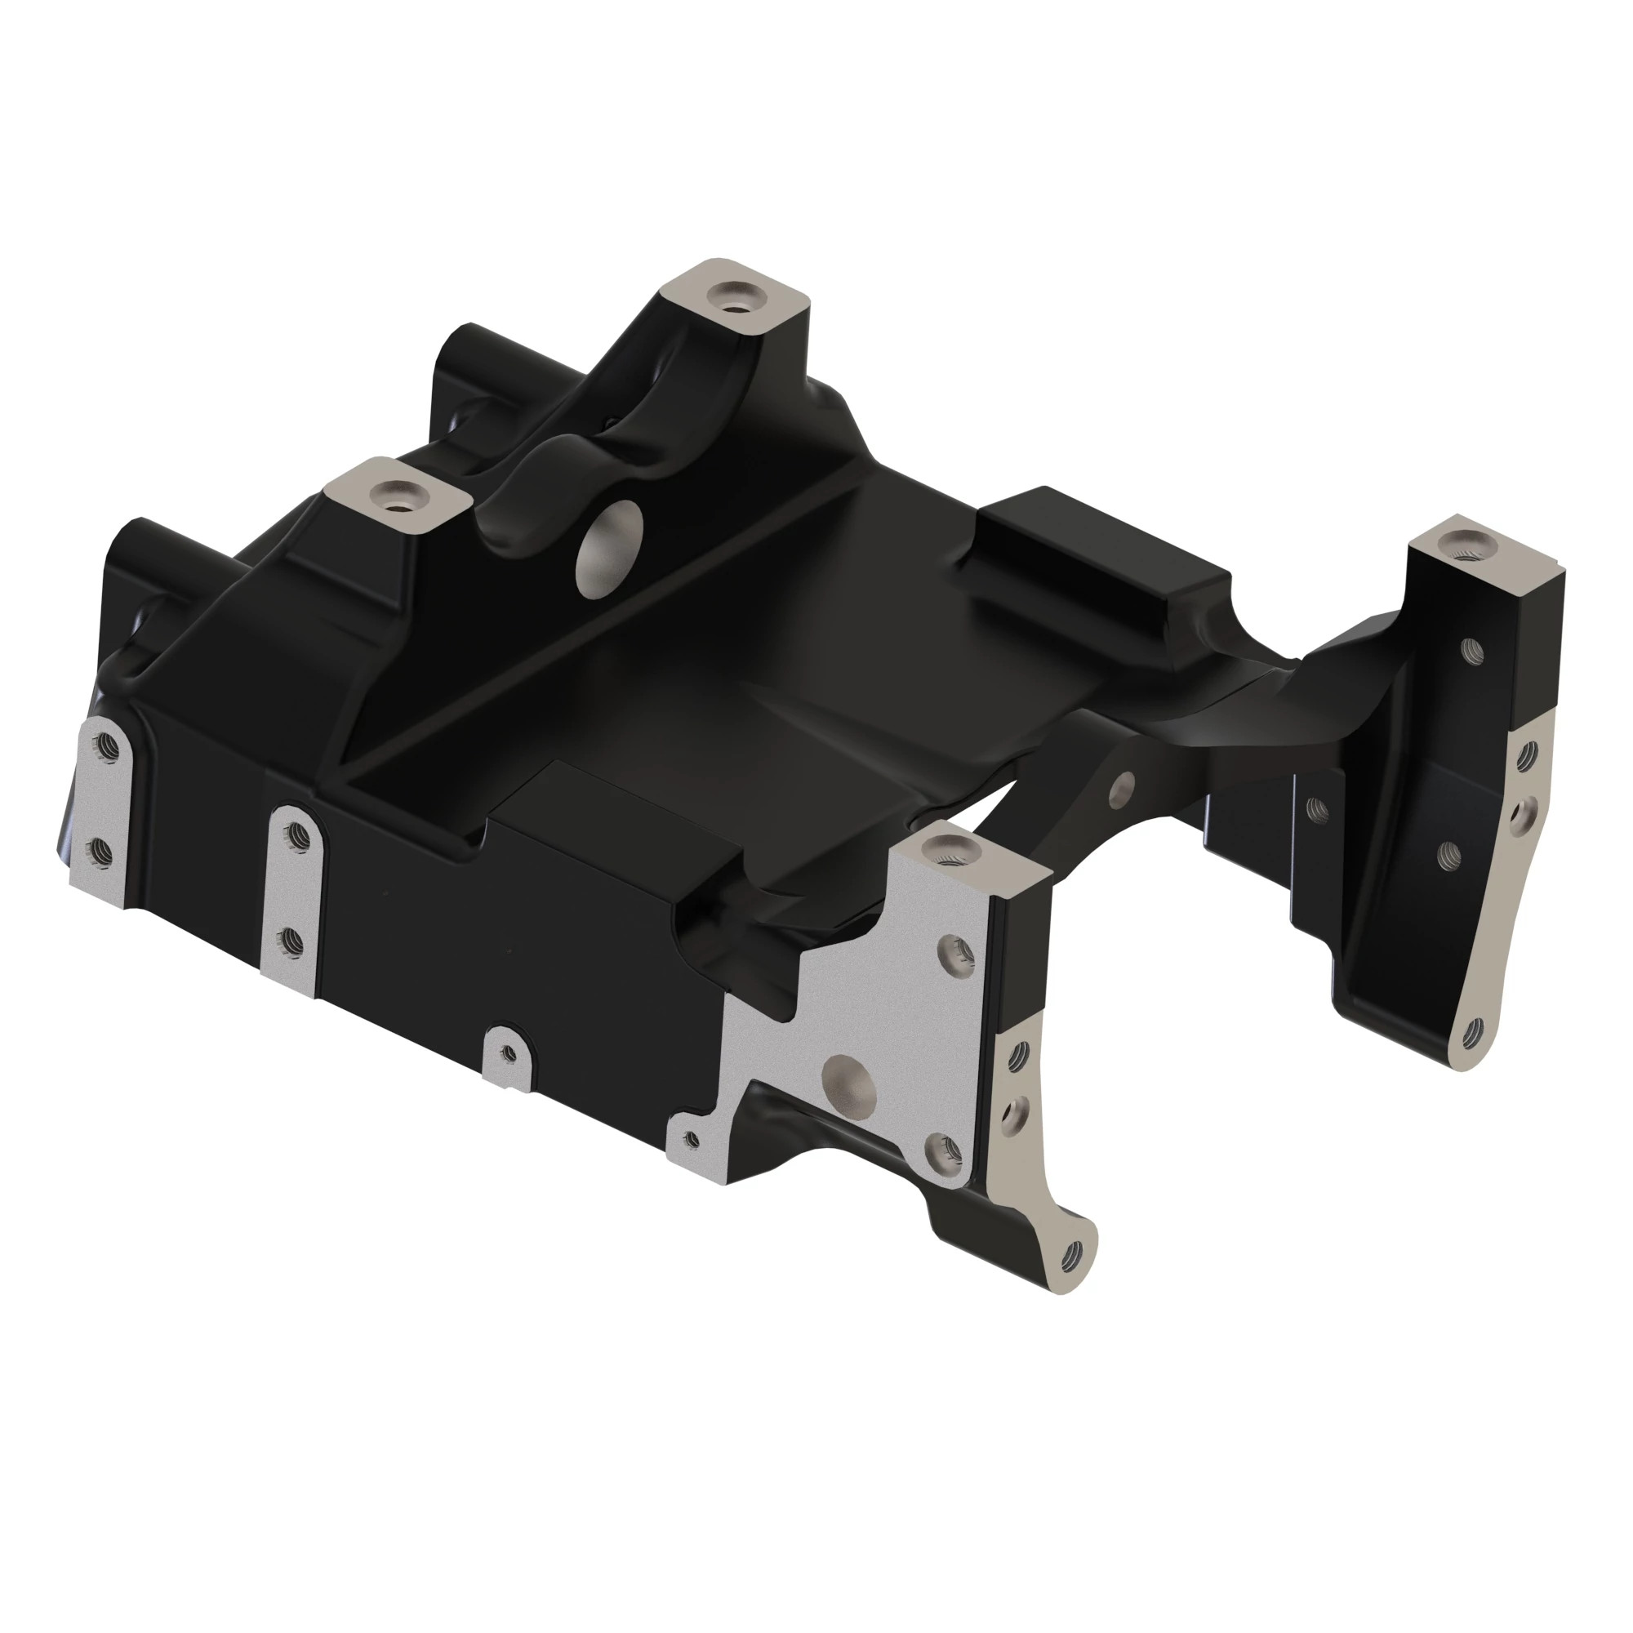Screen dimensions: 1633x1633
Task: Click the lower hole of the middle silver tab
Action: (x=289, y=941)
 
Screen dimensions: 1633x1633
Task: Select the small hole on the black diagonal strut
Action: (x=1123, y=785)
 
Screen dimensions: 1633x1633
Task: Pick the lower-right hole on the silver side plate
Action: (x=945, y=1150)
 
